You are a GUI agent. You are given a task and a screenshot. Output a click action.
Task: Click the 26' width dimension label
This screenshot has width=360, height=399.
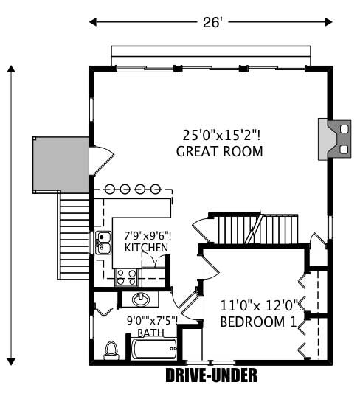coord(212,23)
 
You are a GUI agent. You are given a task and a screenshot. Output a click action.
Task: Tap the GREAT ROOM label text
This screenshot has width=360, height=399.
coord(220,151)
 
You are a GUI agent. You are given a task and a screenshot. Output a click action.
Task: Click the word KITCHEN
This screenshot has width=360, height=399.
coord(146,247)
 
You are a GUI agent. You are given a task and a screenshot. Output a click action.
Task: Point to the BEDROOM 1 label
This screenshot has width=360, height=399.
coord(258,322)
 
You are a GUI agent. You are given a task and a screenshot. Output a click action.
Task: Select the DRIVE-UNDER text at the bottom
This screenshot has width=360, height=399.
coord(211,376)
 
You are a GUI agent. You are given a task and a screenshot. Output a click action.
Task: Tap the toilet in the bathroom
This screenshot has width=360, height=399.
coord(112,350)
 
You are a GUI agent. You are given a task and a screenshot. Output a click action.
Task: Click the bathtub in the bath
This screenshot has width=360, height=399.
coord(154,348)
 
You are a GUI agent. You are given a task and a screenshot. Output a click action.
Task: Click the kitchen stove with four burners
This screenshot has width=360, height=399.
coord(125,277)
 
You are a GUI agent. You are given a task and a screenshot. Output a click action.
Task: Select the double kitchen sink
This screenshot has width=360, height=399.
coord(103,243)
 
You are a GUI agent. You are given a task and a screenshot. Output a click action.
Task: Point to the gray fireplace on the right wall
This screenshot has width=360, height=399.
coord(331,139)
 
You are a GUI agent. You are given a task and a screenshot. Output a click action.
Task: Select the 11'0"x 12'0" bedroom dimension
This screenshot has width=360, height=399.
coord(257,304)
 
